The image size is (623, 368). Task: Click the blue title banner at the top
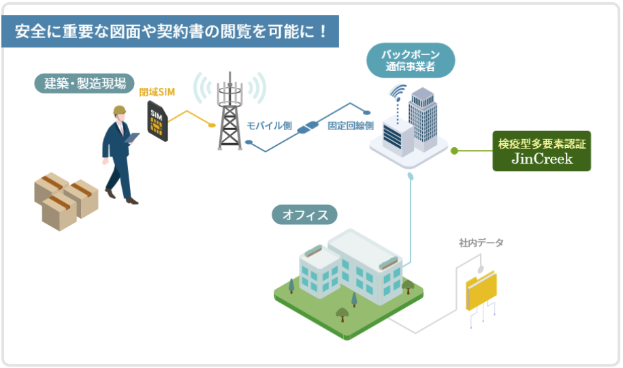pyautogui.click(x=170, y=31)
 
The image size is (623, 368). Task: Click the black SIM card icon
pyautogui.click(x=157, y=120)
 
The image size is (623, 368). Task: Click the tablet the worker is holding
pyautogui.click(x=133, y=138)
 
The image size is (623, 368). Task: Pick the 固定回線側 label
pyautogui.click(x=350, y=125)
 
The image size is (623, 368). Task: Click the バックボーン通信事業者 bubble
pyautogui.click(x=410, y=61)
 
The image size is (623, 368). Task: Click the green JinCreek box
pyautogui.click(x=541, y=151)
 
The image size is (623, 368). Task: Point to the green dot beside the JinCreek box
pyautogui.click(x=454, y=151)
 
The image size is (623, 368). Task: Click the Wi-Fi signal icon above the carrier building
pyautogui.click(x=397, y=93)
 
